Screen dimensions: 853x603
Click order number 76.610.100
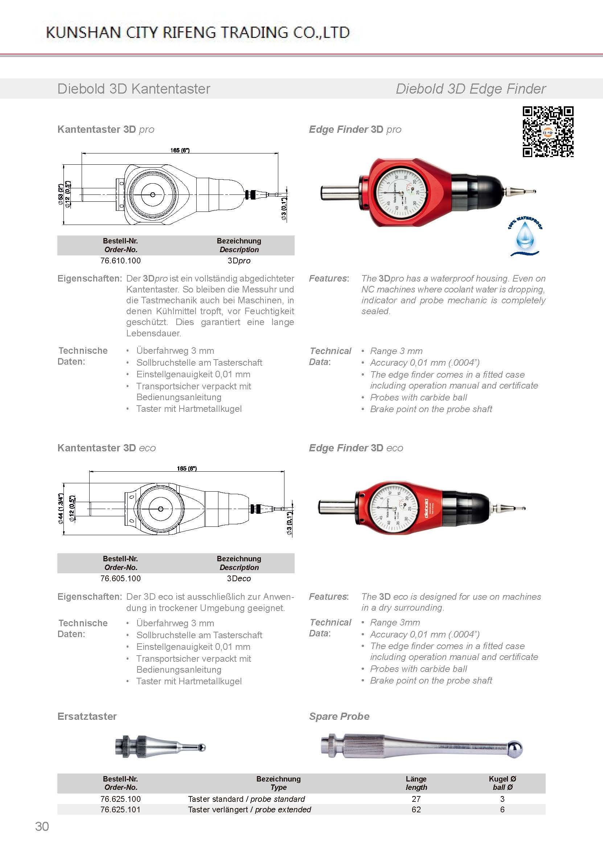click(x=120, y=261)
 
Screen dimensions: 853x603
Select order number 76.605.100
click(x=120, y=578)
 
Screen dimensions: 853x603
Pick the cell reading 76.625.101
click(x=120, y=809)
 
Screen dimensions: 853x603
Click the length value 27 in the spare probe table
click(x=416, y=799)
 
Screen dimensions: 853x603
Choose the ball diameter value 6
click(x=502, y=809)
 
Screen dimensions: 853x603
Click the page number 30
click(x=42, y=826)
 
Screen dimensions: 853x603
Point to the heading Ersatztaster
click(x=87, y=716)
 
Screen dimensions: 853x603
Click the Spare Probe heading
click(x=339, y=716)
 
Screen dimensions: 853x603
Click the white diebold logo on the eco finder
click(x=426, y=508)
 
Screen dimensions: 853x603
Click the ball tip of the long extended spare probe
click(x=515, y=748)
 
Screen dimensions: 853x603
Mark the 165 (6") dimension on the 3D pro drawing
click(x=180, y=150)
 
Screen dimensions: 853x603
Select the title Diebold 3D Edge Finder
click(x=471, y=89)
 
